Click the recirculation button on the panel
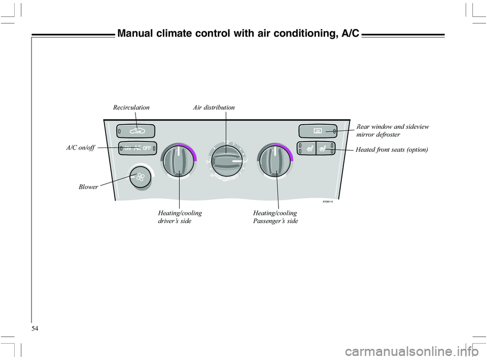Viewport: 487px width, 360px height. coord(135,131)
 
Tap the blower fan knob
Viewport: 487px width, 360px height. coord(140,177)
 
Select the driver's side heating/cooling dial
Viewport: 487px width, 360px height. coord(178,161)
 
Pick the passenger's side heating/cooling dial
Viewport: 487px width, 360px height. coord(275,161)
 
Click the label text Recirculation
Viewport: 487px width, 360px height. coord(131,107)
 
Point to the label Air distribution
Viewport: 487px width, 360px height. coord(214,107)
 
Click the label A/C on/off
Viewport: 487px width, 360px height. coord(80,148)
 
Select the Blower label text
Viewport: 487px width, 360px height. coord(88,187)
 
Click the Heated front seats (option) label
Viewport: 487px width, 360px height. coord(392,150)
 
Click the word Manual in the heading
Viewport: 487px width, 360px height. coord(135,34)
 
